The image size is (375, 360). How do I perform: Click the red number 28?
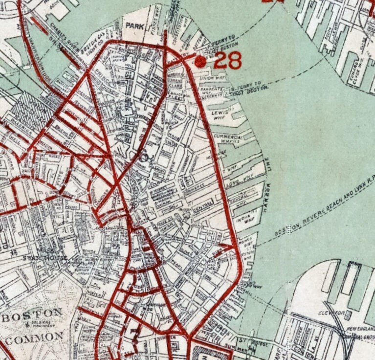coord(228,60)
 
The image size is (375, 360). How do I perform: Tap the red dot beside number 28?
coord(199,61)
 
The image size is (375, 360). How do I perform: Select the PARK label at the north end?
coord(134,26)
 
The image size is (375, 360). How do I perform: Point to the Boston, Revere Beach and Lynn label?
coord(323,206)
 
